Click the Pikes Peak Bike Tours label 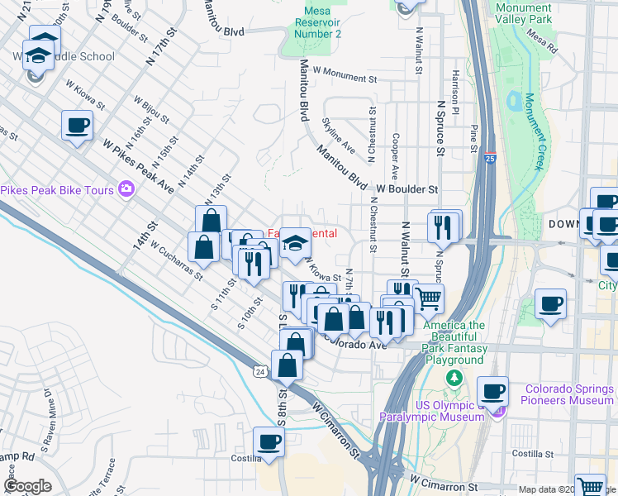coord(56,190)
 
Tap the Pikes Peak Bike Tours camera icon coord(126,189)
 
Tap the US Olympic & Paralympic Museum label coord(430,411)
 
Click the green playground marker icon coord(453,378)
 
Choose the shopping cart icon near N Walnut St coord(428,298)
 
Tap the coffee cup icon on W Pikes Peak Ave coord(77,126)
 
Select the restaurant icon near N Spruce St coord(444,226)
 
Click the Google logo coord(27,486)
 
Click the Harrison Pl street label coord(456,82)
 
